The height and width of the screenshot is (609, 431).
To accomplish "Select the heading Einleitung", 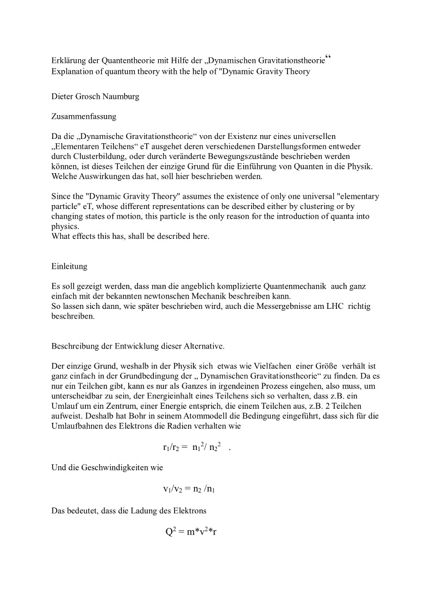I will [x=69, y=267].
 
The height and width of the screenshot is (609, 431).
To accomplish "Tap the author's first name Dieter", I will [x=63, y=97].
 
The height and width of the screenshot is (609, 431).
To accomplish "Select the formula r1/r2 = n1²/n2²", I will [x=192, y=447].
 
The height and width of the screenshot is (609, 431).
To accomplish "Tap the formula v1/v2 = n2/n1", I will [x=191, y=489].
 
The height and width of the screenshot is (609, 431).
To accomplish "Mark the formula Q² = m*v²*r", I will [x=191, y=531].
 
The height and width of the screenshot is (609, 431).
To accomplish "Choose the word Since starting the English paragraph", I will [x=62, y=196].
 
